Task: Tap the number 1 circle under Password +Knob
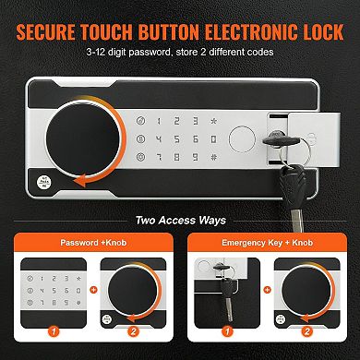click(x=53, y=330)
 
